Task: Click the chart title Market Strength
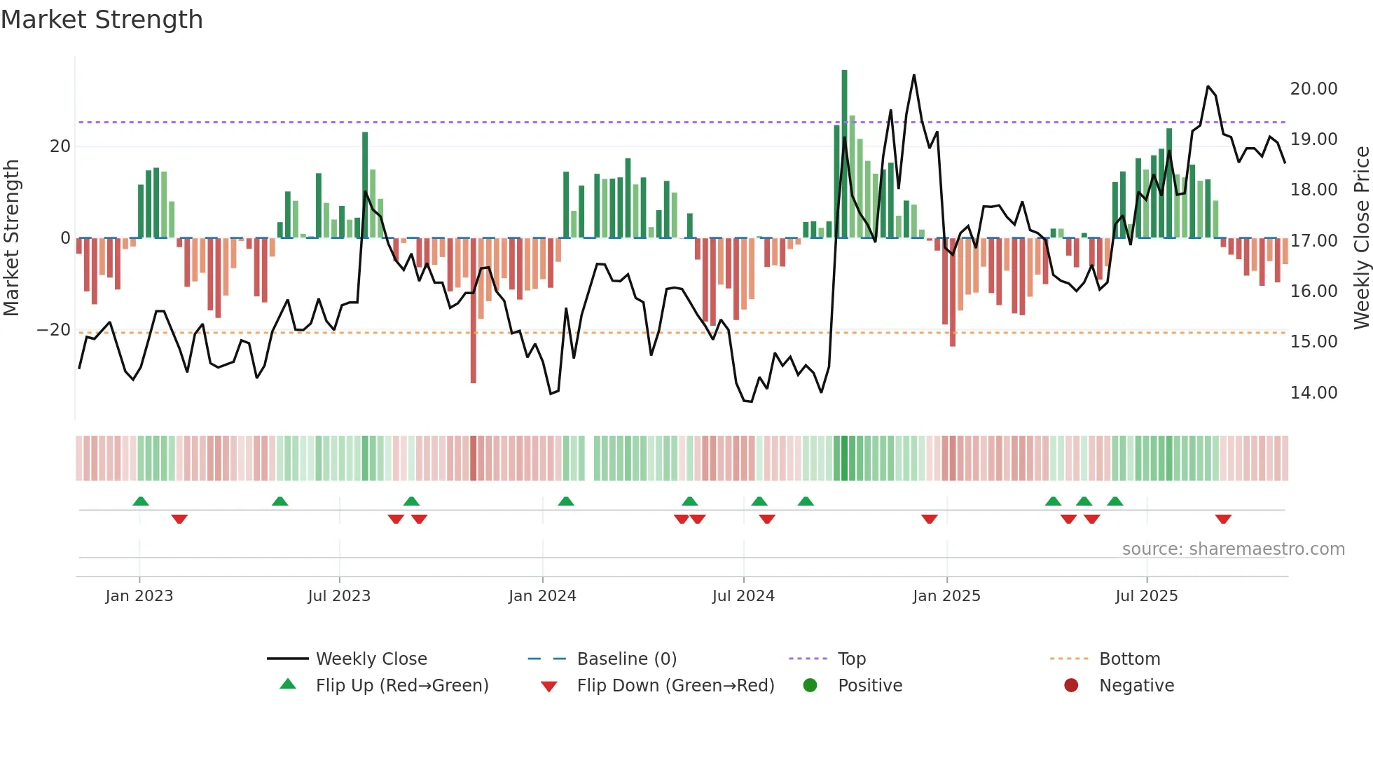(x=102, y=20)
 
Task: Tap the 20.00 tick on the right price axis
(x=1313, y=89)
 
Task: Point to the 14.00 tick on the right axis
(x=1313, y=393)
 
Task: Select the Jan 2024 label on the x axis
(x=542, y=596)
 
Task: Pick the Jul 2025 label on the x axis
(x=1146, y=596)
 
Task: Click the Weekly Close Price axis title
(x=1361, y=238)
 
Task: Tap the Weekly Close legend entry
(x=371, y=659)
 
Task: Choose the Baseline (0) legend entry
(x=626, y=659)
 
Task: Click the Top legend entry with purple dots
(x=851, y=659)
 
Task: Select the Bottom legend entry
(x=1129, y=659)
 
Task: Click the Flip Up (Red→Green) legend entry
(x=401, y=686)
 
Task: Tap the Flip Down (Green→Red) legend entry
(x=675, y=686)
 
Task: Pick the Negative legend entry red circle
(x=1071, y=686)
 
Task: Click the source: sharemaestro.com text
(x=1233, y=549)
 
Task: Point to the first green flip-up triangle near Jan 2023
(x=141, y=501)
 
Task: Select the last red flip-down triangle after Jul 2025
(x=1223, y=519)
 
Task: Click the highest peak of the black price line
(x=914, y=76)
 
